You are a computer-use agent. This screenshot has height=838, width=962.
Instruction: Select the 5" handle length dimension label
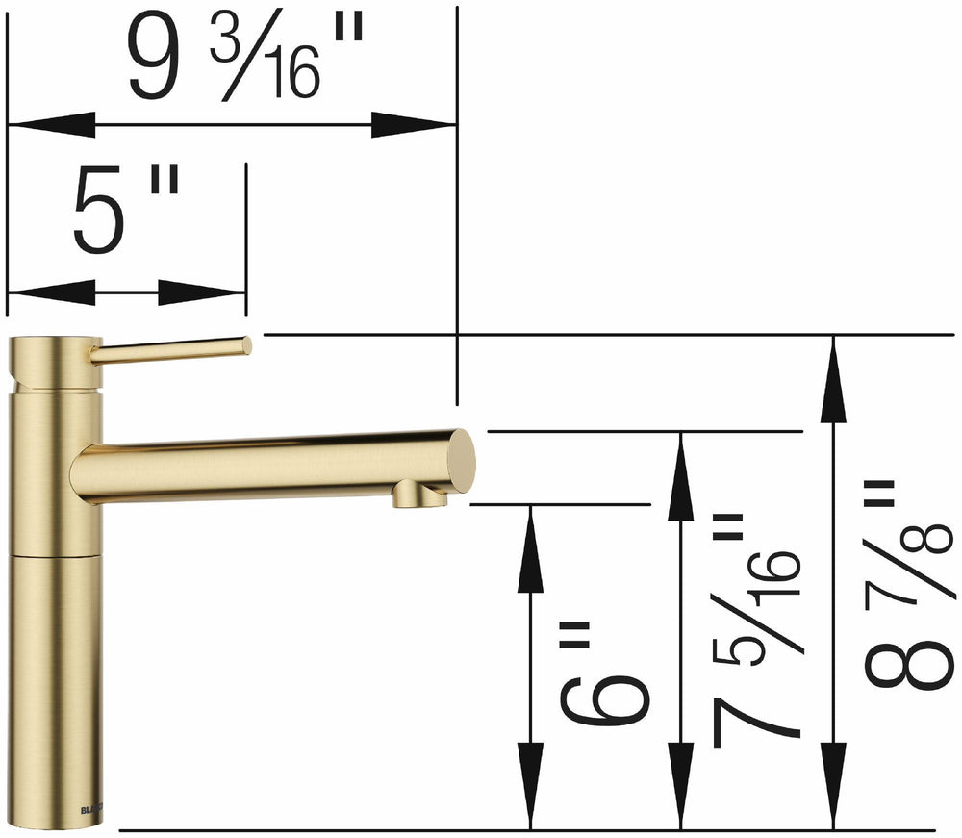[x=126, y=212]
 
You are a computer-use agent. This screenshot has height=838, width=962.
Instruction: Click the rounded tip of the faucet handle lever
[x=245, y=344]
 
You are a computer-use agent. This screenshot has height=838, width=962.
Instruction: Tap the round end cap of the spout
[x=462, y=462]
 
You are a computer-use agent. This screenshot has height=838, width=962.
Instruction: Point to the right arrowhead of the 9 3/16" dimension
[x=414, y=124]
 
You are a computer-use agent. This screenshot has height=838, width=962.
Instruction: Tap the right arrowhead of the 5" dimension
[x=203, y=292]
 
